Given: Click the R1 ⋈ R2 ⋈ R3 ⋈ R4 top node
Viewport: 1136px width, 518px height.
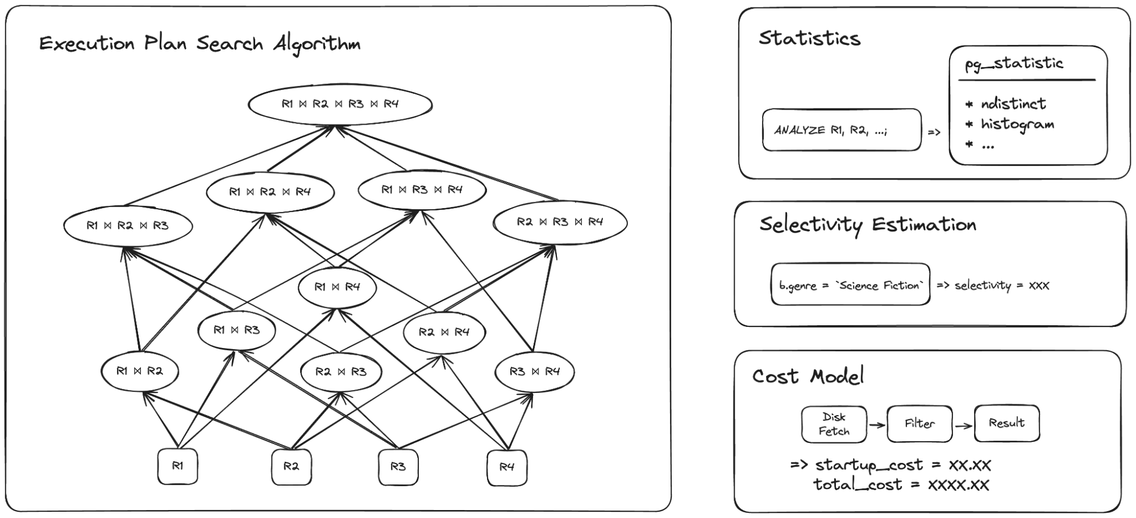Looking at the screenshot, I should pyautogui.click(x=340, y=104).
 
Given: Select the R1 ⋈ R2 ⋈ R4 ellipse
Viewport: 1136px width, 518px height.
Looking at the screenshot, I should pyautogui.click(x=270, y=192).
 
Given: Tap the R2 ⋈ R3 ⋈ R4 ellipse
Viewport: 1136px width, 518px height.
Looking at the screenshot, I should pyautogui.click(x=560, y=222).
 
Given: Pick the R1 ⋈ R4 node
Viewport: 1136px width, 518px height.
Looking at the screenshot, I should pyautogui.click(x=337, y=287).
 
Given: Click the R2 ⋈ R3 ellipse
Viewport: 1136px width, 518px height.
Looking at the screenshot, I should pyautogui.click(x=341, y=372).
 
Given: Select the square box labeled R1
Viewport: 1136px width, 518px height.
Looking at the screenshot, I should pyautogui.click(x=177, y=466).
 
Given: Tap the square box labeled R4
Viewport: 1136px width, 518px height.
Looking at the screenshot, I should pyautogui.click(x=506, y=467).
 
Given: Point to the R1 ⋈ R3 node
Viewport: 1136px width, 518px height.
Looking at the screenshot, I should pyautogui.click(x=236, y=330).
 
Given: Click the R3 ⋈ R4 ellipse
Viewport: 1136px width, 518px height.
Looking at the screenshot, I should pyautogui.click(x=534, y=372).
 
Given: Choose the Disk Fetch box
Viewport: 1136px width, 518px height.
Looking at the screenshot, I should pyautogui.click(x=834, y=424).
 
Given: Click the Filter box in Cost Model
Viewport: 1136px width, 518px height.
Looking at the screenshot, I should pyautogui.click(x=919, y=424).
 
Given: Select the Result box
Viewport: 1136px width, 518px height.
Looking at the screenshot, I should pyautogui.click(x=1006, y=423).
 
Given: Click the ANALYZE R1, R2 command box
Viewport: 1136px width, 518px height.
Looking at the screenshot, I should pyautogui.click(x=841, y=130).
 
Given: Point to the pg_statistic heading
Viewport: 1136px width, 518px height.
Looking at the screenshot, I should pyautogui.click(x=1014, y=64).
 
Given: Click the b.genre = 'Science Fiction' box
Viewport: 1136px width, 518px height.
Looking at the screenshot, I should pyautogui.click(x=850, y=285).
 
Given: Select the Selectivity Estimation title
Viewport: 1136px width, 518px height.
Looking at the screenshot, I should pyautogui.click(x=867, y=225).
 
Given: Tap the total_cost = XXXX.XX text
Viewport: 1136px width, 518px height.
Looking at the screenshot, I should pyautogui.click(x=901, y=485).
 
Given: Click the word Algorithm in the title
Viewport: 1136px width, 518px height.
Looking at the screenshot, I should pyautogui.click(x=316, y=44).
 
